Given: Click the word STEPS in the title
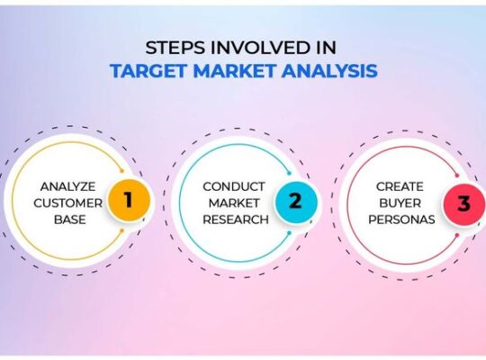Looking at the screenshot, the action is [175, 48].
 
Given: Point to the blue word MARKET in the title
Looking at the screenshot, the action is [234, 71].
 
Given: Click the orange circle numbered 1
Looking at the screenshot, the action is [129, 200].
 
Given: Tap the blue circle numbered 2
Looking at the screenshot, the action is [296, 202].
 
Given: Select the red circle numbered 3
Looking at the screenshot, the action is [463, 203].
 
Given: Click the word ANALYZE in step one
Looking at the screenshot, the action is [67, 186].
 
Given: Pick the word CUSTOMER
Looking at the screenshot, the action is [67, 203].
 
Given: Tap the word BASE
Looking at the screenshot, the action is [69, 220].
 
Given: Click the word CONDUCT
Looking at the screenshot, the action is [234, 186].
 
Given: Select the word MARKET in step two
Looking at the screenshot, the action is [234, 203].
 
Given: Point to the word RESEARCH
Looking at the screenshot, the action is [236, 220].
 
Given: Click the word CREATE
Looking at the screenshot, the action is [400, 186].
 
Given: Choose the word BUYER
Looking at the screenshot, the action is [400, 203].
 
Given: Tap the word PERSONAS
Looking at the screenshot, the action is [401, 220].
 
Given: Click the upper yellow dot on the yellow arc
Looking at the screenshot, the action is [122, 171].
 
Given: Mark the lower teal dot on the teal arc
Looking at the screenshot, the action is [289, 233].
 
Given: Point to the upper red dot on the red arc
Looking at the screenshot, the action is [457, 175].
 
